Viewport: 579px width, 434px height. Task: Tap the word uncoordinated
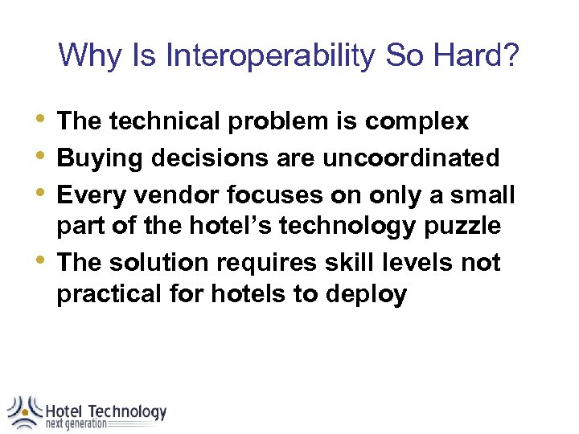click(x=411, y=158)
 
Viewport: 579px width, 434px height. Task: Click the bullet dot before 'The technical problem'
click(x=43, y=119)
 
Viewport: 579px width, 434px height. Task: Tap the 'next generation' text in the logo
click(x=76, y=424)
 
